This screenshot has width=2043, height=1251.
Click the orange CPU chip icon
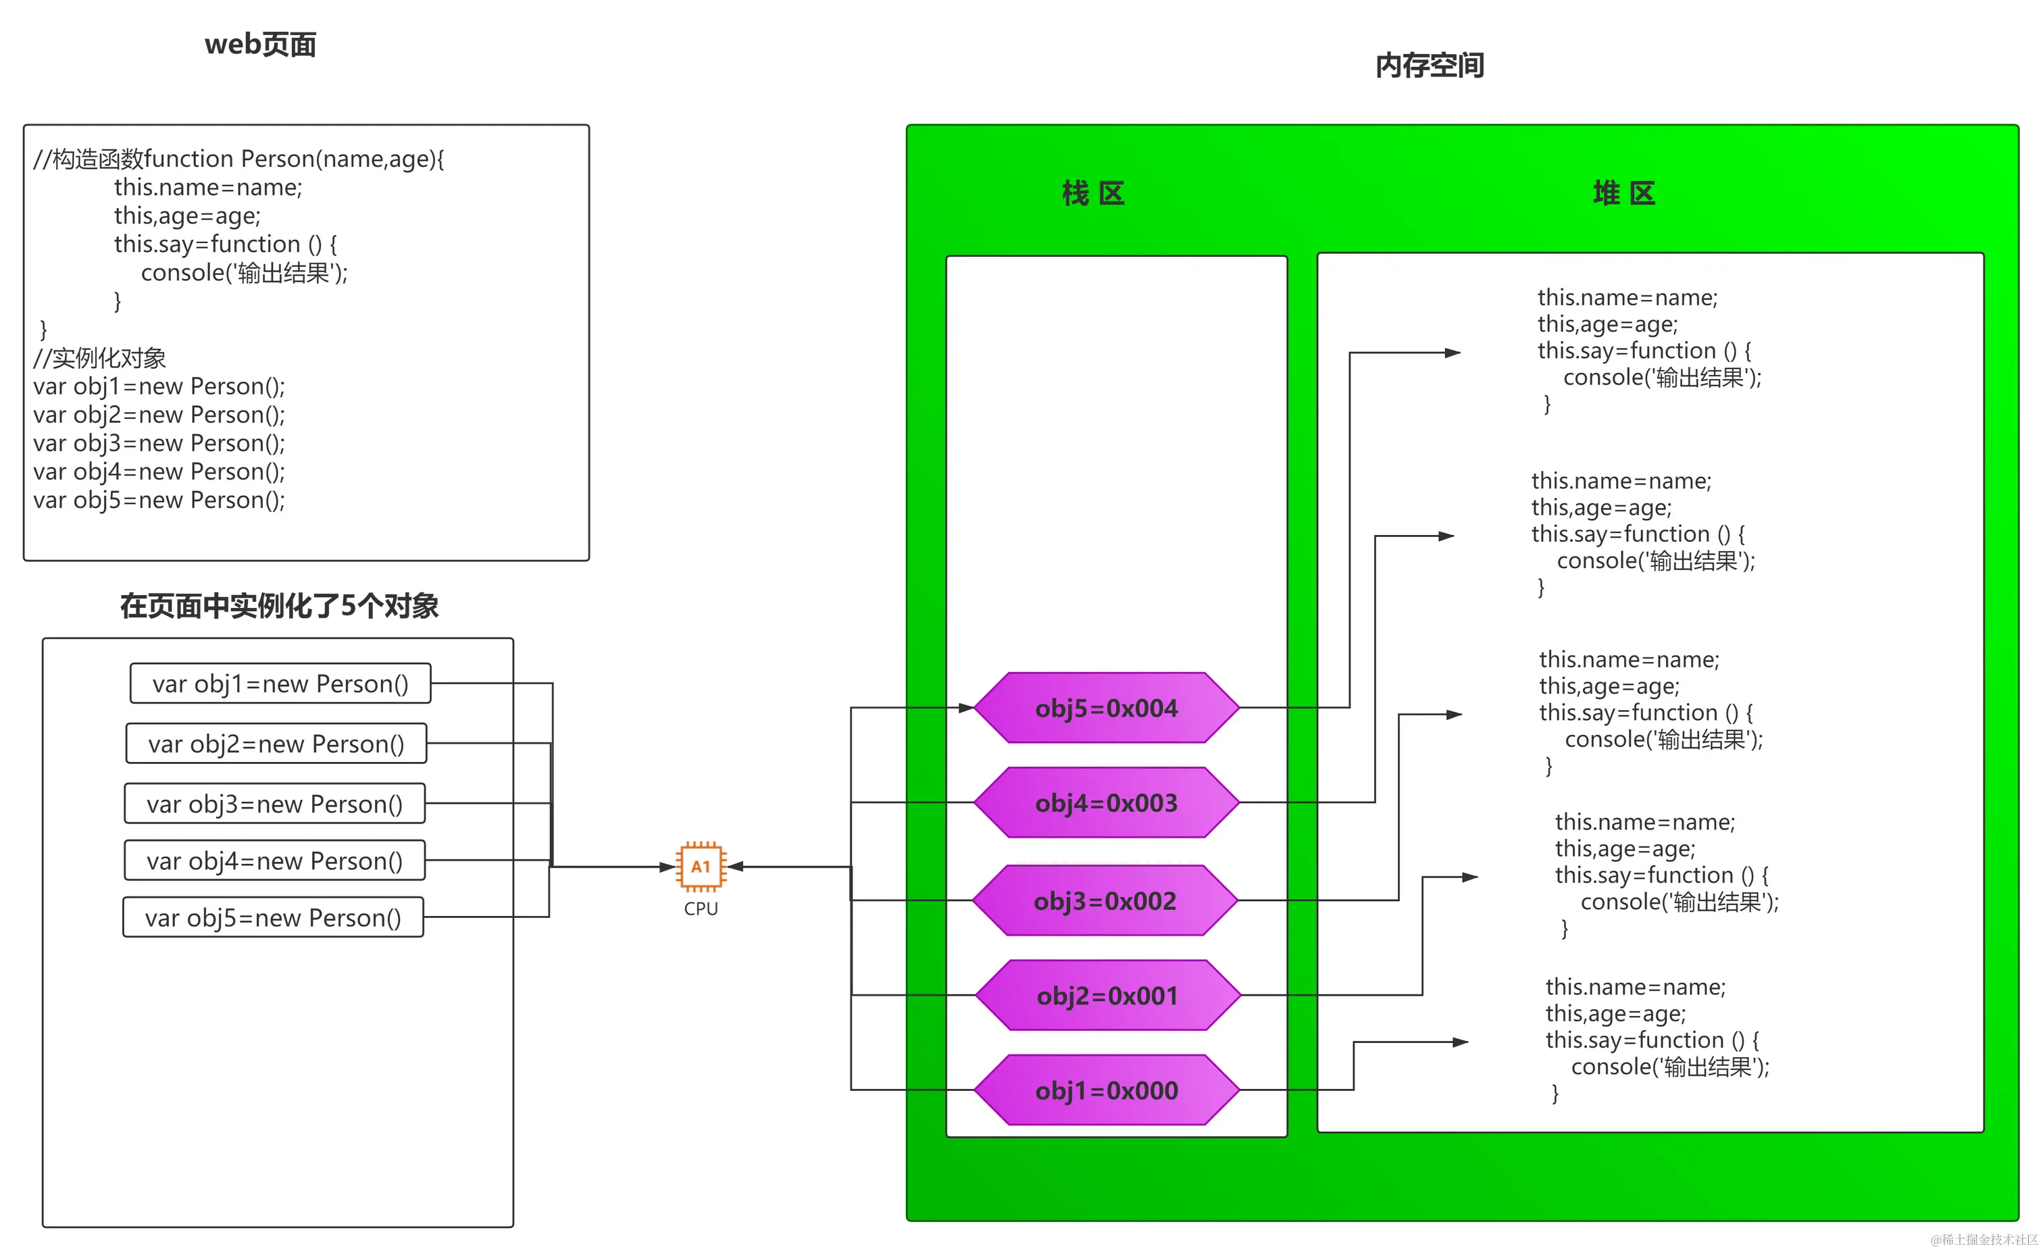pyautogui.click(x=701, y=867)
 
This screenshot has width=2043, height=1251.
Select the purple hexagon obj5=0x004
pyautogui.click(x=1106, y=708)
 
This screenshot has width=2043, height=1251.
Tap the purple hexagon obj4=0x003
pyautogui.click(x=1106, y=802)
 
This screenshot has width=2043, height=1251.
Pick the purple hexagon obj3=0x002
pyautogui.click(x=1105, y=900)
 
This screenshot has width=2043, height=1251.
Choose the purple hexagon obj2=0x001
pyautogui.click(x=1108, y=995)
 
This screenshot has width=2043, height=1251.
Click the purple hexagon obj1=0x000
pyautogui.click(x=1106, y=1090)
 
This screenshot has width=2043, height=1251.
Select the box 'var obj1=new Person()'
pyautogui.click(x=280, y=683)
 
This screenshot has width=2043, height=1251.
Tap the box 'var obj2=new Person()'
pyautogui.click(x=276, y=744)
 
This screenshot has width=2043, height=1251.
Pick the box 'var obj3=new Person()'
pyautogui.click(x=274, y=803)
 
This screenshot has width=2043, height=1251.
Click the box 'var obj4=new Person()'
pyautogui.click(x=274, y=861)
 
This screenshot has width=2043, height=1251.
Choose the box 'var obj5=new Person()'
pyautogui.click(x=273, y=917)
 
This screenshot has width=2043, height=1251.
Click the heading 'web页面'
pyautogui.click(x=260, y=44)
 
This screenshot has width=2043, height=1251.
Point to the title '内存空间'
pyautogui.click(x=1430, y=66)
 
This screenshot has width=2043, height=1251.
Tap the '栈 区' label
pyautogui.click(x=1094, y=193)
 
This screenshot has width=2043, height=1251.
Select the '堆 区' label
pyautogui.click(x=1623, y=193)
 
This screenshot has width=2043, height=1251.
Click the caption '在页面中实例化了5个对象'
pyautogui.click(x=280, y=606)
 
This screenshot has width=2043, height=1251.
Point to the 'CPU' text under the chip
pyautogui.click(x=701, y=909)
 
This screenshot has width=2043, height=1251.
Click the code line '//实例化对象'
pyautogui.click(x=99, y=358)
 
